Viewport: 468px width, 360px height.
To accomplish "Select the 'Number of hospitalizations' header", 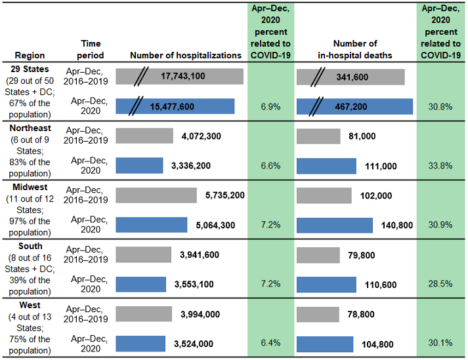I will (x=181, y=56).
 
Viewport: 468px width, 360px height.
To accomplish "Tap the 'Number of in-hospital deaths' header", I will (x=354, y=49).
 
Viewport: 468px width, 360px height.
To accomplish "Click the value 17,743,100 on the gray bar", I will (x=182, y=77).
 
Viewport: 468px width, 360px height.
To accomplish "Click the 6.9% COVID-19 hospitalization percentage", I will (x=266, y=106).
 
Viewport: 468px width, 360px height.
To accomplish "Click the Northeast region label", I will (x=31, y=128).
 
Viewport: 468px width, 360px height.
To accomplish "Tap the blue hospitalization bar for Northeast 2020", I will (x=139, y=165).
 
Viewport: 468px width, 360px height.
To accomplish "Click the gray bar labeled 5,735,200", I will (x=156, y=195).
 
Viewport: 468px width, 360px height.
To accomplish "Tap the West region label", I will (x=22, y=305).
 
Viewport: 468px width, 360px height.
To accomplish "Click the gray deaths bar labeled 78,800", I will (x=318, y=313).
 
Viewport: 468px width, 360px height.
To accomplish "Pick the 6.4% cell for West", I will (x=266, y=342).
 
